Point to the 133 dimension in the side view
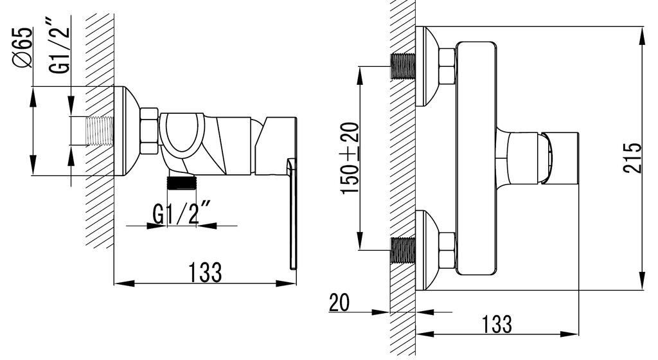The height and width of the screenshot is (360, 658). [x=205, y=272]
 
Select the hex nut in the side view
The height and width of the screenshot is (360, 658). [x=149, y=132]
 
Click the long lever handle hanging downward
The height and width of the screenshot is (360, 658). [x=292, y=219]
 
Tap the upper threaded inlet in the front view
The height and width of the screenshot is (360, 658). [x=403, y=67]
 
